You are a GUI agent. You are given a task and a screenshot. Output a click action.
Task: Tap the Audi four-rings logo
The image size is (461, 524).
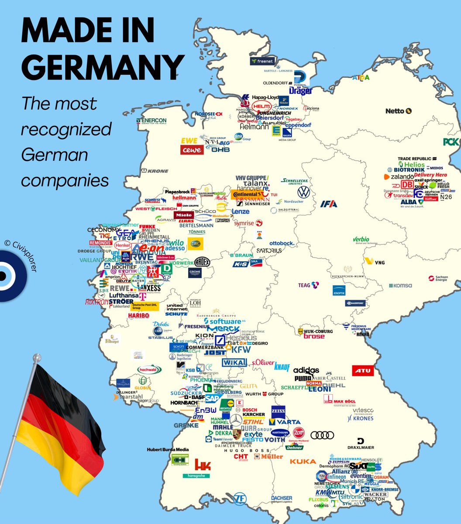[322, 435]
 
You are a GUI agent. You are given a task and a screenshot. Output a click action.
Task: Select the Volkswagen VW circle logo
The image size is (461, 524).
[303, 192]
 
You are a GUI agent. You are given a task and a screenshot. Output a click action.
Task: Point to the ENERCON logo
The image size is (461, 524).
[151, 121]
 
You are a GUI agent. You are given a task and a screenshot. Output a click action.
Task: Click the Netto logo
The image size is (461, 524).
[398, 111]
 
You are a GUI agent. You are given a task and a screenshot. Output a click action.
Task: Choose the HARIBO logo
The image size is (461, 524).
[139, 316]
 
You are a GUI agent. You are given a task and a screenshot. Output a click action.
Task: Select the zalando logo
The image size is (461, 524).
[399, 177]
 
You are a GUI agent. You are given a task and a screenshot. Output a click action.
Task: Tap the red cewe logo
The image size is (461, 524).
[192, 150]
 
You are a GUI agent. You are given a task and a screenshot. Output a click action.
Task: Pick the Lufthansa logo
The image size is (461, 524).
[124, 295]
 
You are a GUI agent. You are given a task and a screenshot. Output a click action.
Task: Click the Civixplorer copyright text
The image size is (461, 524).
[28, 255]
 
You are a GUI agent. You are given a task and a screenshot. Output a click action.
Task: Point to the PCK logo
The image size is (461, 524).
[451, 141]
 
